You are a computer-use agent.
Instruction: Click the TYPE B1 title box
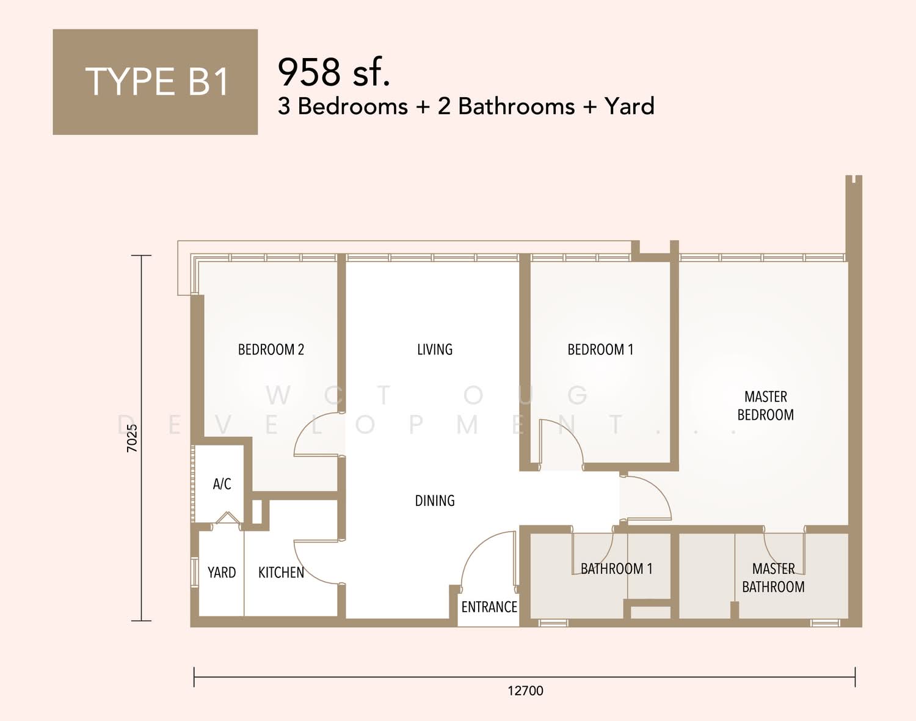[x=155, y=82]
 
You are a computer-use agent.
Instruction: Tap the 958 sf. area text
[x=333, y=72]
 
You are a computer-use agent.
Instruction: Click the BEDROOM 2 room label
[x=271, y=350]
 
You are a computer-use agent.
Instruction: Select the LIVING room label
[x=435, y=350]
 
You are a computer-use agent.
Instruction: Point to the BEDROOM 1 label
[x=600, y=350]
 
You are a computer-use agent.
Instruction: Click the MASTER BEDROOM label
[x=765, y=406]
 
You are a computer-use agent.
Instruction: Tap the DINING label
[x=435, y=500]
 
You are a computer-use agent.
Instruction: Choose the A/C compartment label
[x=222, y=484]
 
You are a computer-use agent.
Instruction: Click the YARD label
[x=221, y=573]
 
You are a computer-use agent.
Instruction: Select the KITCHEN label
[x=281, y=573]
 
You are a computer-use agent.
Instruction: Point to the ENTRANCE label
[x=489, y=607]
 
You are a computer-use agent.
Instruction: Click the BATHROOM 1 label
[x=616, y=568]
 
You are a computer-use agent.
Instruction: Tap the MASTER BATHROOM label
[x=773, y=578]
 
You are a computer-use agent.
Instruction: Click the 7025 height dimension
[x=133, y=438]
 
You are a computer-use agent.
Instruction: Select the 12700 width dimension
[x=525, y=690]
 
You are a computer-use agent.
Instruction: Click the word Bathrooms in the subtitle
[x=516, y=106]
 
